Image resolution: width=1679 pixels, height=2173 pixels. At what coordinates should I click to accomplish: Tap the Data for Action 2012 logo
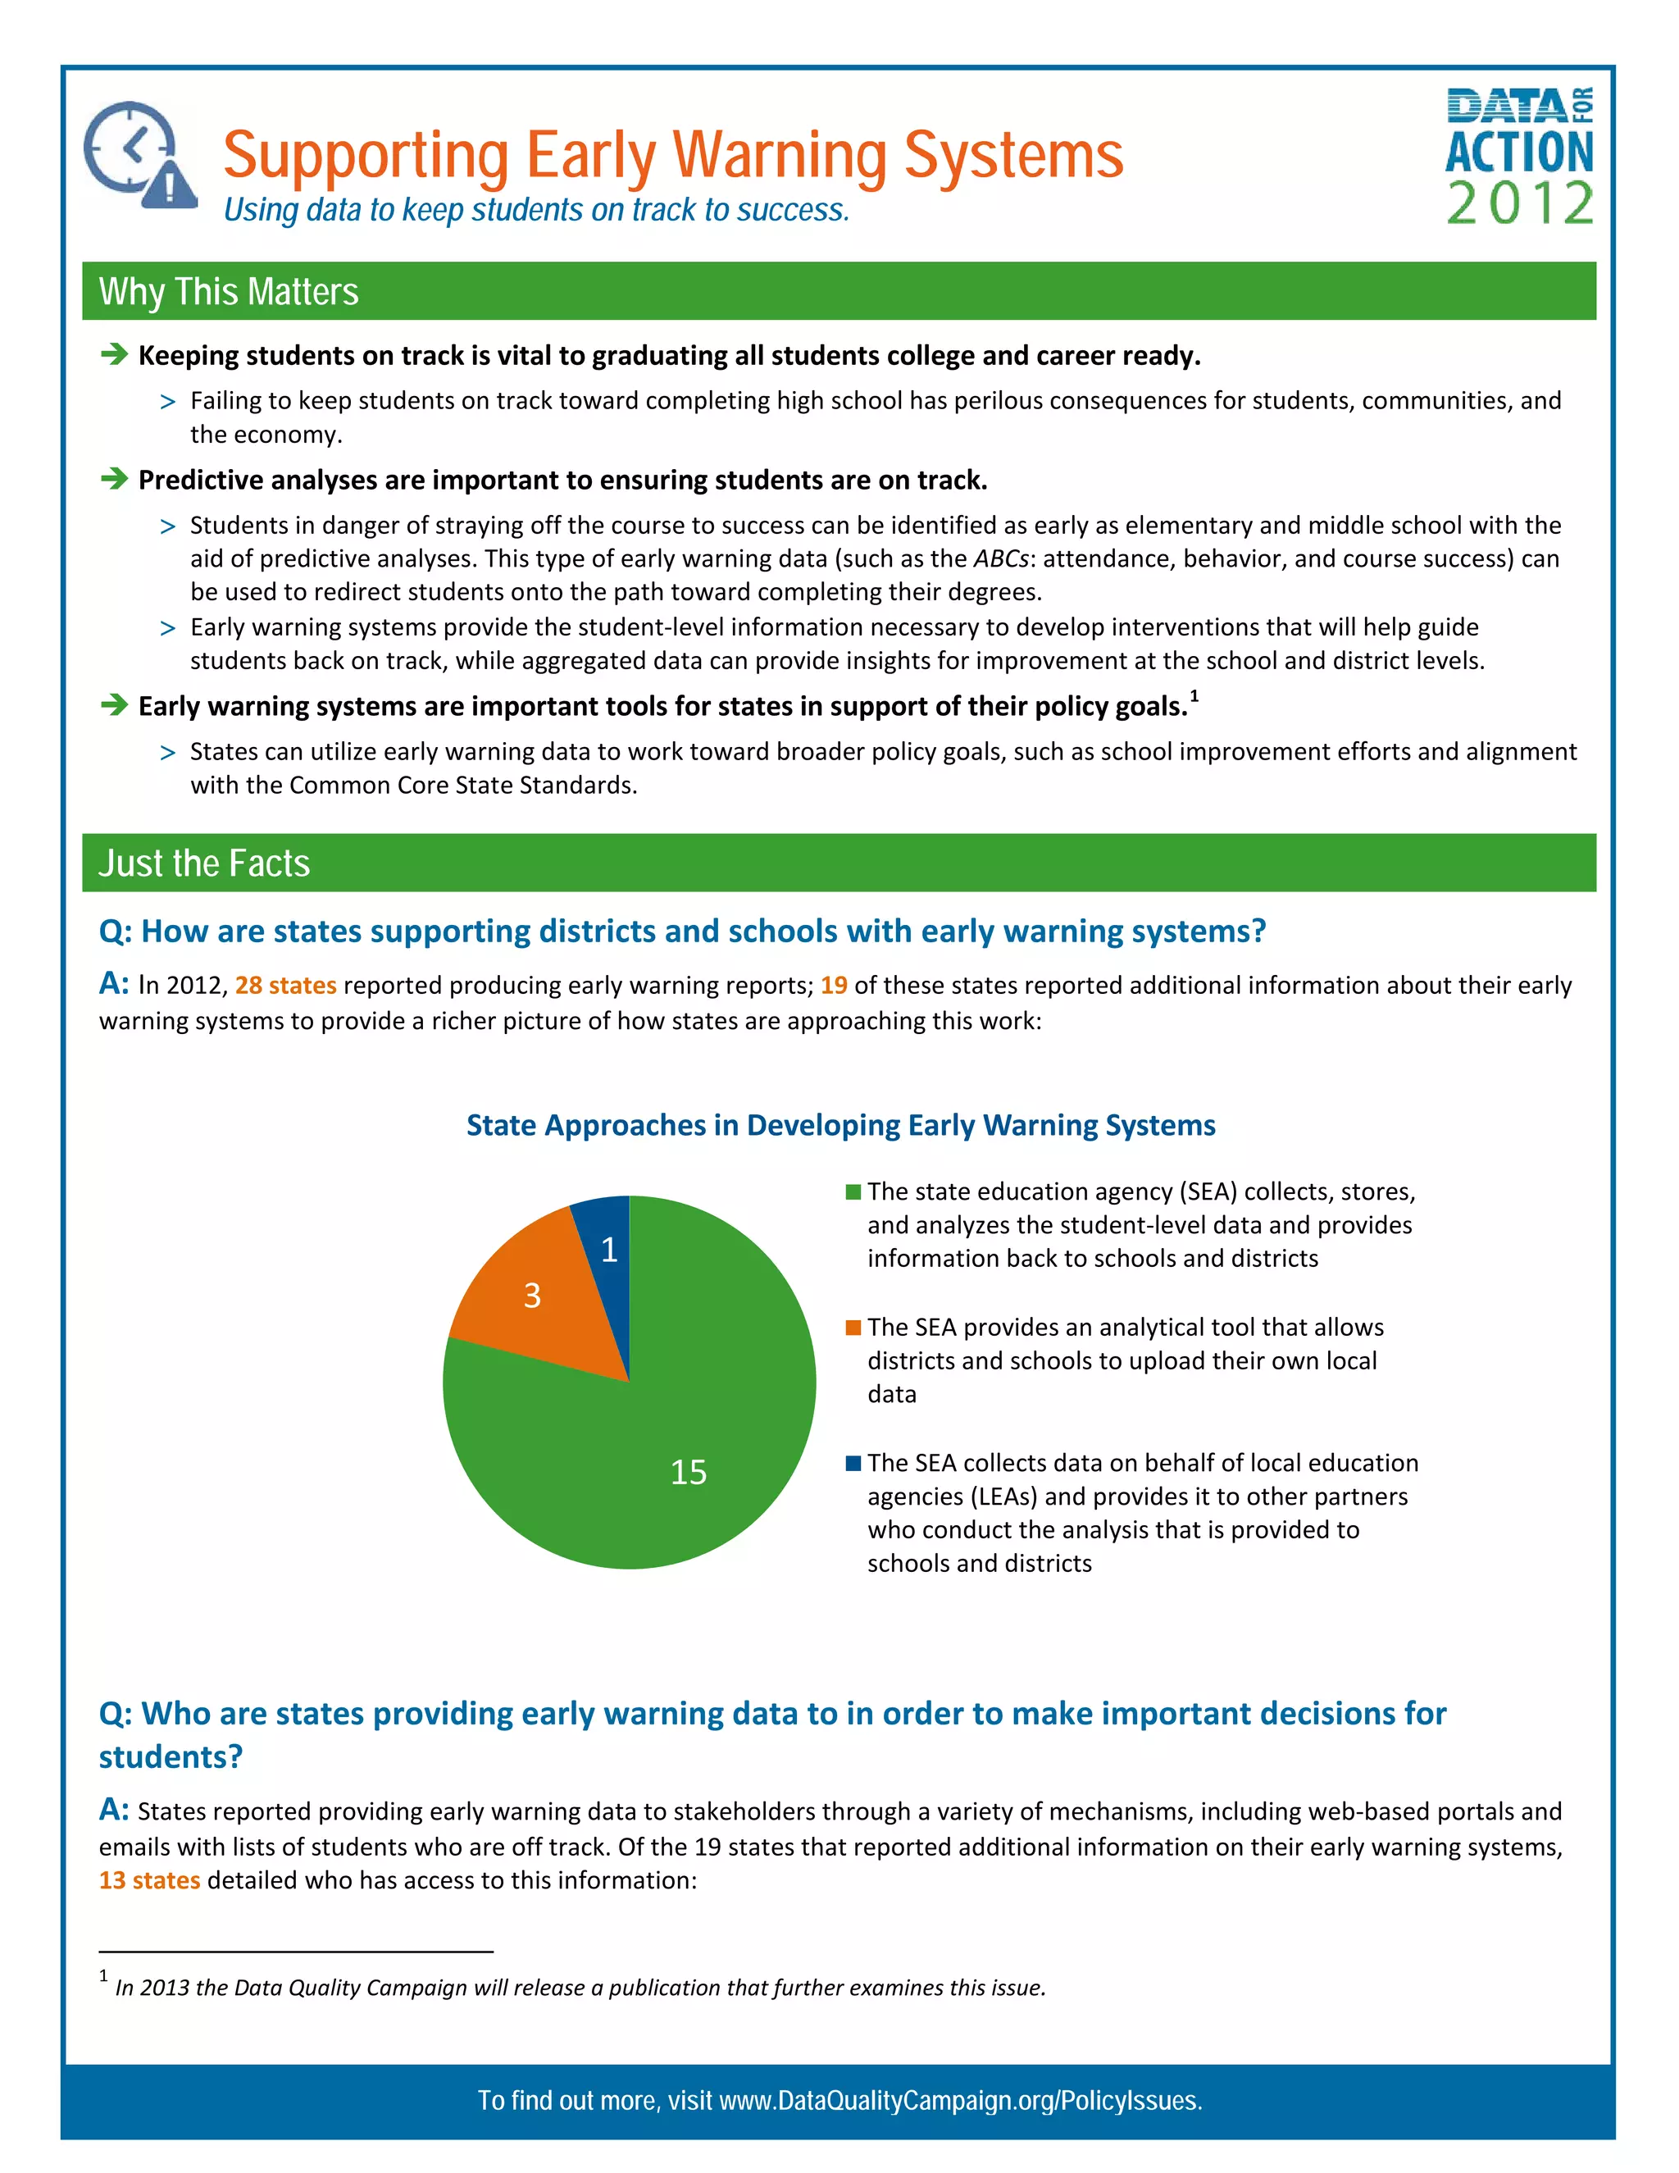(x=1519, y=156)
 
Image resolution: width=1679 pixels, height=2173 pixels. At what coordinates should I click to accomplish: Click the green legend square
(x=853, y=1192)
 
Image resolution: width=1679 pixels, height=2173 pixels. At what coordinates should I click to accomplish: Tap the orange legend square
(x=853, y=1328)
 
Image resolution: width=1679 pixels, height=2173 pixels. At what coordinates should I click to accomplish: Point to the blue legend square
(x=853, y=1463)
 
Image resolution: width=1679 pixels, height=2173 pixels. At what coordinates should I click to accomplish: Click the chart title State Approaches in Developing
(x=840, y=1125)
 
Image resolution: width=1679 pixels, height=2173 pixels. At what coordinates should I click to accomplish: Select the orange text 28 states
(x=285, y=985)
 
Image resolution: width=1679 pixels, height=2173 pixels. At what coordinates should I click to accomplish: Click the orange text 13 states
(x=149, y=1880)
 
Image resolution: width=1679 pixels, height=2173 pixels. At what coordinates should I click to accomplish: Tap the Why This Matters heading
(x=229, y=292)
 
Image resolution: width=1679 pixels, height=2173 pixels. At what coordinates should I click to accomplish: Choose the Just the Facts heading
(x=204, y=863)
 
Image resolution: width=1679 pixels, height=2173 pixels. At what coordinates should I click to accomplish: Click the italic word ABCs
(x=999, y=559)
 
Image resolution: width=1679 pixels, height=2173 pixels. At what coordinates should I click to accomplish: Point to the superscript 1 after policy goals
(x=1194, y=696)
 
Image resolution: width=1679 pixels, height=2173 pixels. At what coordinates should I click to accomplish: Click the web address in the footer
(x=960, y=2100)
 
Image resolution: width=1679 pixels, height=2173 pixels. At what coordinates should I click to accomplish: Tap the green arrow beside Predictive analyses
(x=115, y=479)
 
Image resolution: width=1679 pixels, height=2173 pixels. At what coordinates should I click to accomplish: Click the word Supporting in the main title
(x=366, y=156)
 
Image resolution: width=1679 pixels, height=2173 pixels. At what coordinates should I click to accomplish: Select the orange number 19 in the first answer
(x=834, y=985)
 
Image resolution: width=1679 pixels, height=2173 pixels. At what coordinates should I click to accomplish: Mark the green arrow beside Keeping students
(x=115, y=354)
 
